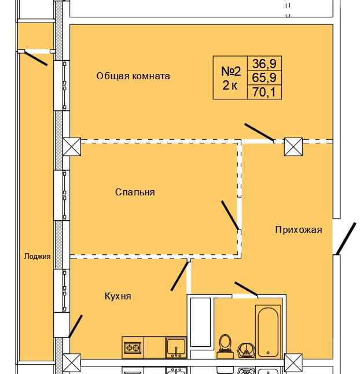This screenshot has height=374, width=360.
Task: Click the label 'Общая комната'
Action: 133,76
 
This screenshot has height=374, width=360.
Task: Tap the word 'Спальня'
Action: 135,192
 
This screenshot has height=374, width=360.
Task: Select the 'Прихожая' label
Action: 298,229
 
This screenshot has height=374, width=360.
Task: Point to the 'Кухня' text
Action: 118,296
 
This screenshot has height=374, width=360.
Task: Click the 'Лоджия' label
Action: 38,257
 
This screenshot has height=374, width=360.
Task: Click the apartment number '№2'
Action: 231,71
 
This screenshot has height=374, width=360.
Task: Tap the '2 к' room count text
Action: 230,87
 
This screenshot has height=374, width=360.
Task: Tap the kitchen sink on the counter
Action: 175,347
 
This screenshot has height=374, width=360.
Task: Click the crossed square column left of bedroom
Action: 73,147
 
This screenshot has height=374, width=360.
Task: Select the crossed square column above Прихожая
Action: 293,147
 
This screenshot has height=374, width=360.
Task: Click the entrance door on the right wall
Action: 346,239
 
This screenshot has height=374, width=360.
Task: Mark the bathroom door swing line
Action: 246,288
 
